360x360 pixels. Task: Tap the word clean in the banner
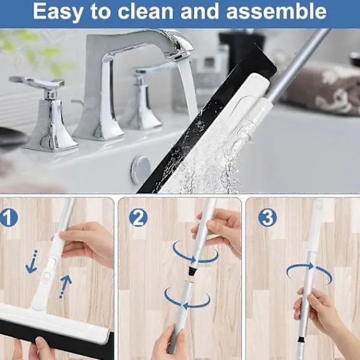pos(146,11)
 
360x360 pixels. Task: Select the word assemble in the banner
pos(276,11)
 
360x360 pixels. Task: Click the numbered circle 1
pos(8,218)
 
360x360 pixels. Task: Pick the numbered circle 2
pos(138,218)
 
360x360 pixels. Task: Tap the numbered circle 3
pos(267,218)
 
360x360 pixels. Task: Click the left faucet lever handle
pos(37,83)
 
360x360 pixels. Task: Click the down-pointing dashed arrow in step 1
pos(31,262)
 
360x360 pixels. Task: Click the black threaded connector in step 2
pos(191,272)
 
